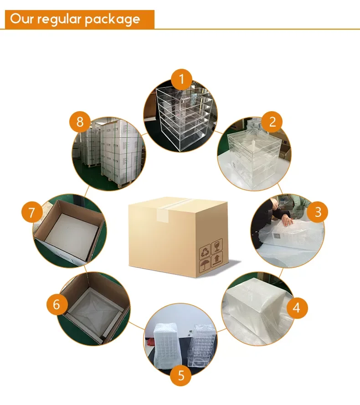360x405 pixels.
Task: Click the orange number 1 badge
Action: coord(182,80)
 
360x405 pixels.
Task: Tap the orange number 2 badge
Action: coord(273,122)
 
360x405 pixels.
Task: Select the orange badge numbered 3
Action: coord(318,212)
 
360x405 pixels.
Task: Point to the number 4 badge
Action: coord(297,308)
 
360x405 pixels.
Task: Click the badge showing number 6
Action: coord(57,304)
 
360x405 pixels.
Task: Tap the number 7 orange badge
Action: coord(31,212)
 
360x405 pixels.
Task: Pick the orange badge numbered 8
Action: coord(80,122)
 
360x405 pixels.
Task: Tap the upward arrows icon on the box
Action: coord(217,258)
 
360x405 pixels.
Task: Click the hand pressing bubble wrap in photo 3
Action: coord(287,222)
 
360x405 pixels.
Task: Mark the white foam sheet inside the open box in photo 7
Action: coord(68,235)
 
